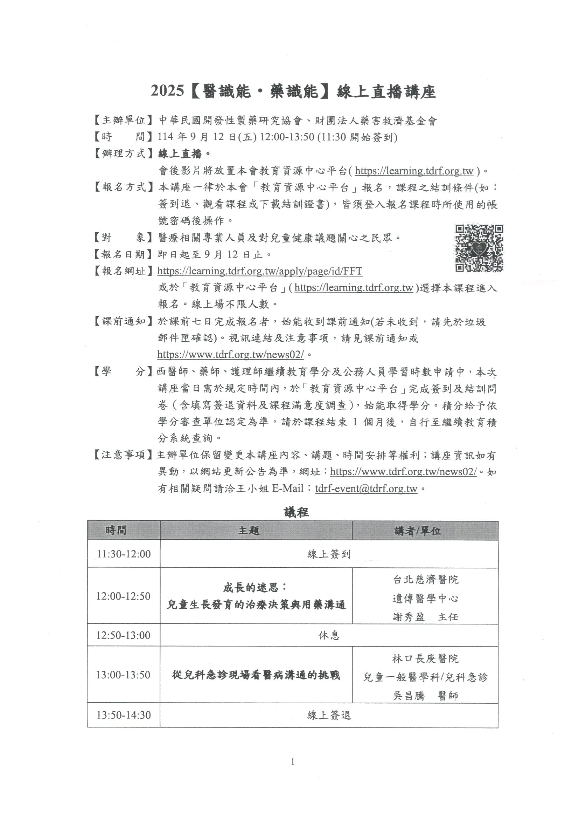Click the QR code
(479, 248)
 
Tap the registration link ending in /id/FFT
(260, 272)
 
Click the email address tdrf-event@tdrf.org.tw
(366, 488)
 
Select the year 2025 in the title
(167, 91)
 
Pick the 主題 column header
(249, 530)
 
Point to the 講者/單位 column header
(417, 531)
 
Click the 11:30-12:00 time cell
(124, 554)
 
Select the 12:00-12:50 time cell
(123, 596)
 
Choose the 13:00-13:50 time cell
(123, 675)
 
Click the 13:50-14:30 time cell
(124, 715)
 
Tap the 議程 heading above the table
(296, 512)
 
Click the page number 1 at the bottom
(293, 762)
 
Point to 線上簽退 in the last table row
(329, 715)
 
